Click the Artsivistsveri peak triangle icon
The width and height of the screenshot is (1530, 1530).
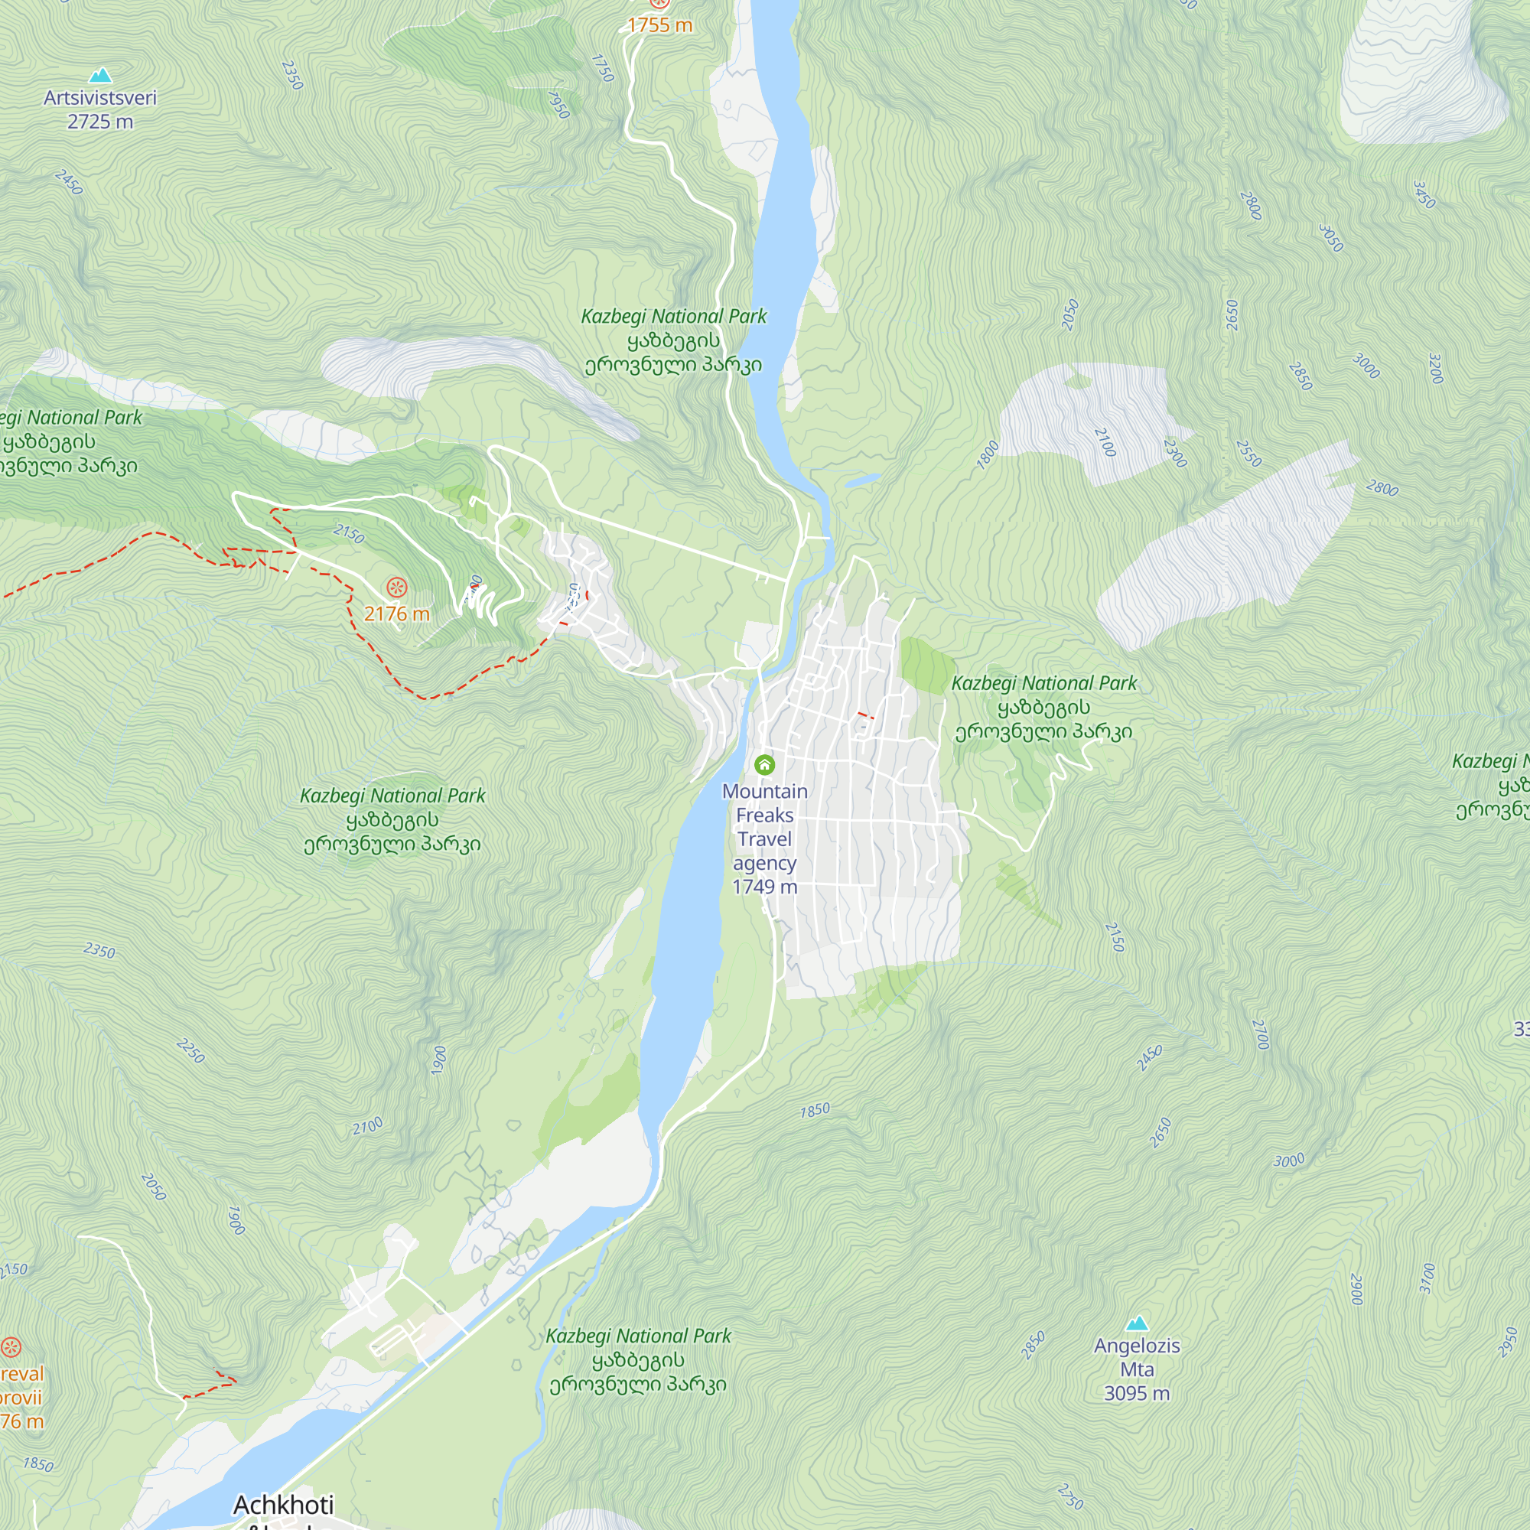tap(99, 76)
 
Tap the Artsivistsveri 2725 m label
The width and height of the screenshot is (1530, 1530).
tap(99, 109)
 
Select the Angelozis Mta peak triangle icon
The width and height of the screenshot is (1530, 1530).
tap(1138, 1323)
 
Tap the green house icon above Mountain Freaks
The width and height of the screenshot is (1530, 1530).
tap(764, 764)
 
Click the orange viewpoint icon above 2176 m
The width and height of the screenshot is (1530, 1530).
tap(396, 587)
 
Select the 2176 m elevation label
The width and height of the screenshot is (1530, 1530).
tap(396, 614)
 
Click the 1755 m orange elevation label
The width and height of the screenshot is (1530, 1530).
tap(659, 25)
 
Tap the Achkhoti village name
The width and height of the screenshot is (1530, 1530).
tap(284, 1504)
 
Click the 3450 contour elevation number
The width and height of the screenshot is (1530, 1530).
tap(1424, 195)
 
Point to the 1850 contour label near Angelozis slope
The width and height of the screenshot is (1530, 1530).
tap(815, 1110)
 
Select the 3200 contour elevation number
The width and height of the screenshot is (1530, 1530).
tap(1436, 368)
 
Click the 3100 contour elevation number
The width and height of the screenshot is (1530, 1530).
tap(1427, 1278)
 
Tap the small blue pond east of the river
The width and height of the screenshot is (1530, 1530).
tap(862, 480)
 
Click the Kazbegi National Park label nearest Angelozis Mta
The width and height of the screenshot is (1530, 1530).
tap(638, 1359)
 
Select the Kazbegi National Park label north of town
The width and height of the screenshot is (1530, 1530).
tap(674, 340)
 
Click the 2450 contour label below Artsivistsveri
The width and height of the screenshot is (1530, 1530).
tap(70, 182)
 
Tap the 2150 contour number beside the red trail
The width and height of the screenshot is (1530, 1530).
tap(348, 534)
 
